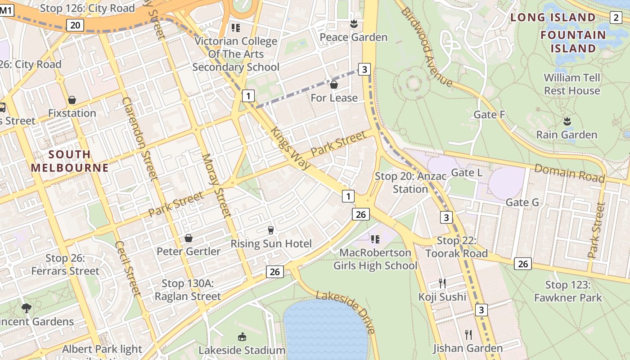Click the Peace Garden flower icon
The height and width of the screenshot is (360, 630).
click(353, 23)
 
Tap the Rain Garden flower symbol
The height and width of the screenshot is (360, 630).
click(567, 121)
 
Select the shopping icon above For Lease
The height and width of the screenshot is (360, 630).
click(334, 85)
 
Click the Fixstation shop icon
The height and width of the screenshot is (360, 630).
click(72, 100)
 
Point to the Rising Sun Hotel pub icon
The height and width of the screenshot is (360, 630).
click(270, 230)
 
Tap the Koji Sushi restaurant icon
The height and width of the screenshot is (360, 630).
click(442, 283)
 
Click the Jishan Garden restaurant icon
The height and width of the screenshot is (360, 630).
click(468, 334)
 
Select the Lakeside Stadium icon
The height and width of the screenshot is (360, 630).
click(242, 337)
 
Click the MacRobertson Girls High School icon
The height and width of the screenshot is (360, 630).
click(375, 239)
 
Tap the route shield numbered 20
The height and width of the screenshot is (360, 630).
click(75, 25)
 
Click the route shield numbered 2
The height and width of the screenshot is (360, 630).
click(616, 18)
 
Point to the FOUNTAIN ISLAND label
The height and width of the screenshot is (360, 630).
click(573, 41)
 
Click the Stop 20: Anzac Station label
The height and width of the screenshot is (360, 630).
click(410, 182)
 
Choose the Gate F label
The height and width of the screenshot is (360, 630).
click(489, 115)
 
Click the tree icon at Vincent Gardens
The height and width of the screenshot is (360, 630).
click(27, 308)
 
